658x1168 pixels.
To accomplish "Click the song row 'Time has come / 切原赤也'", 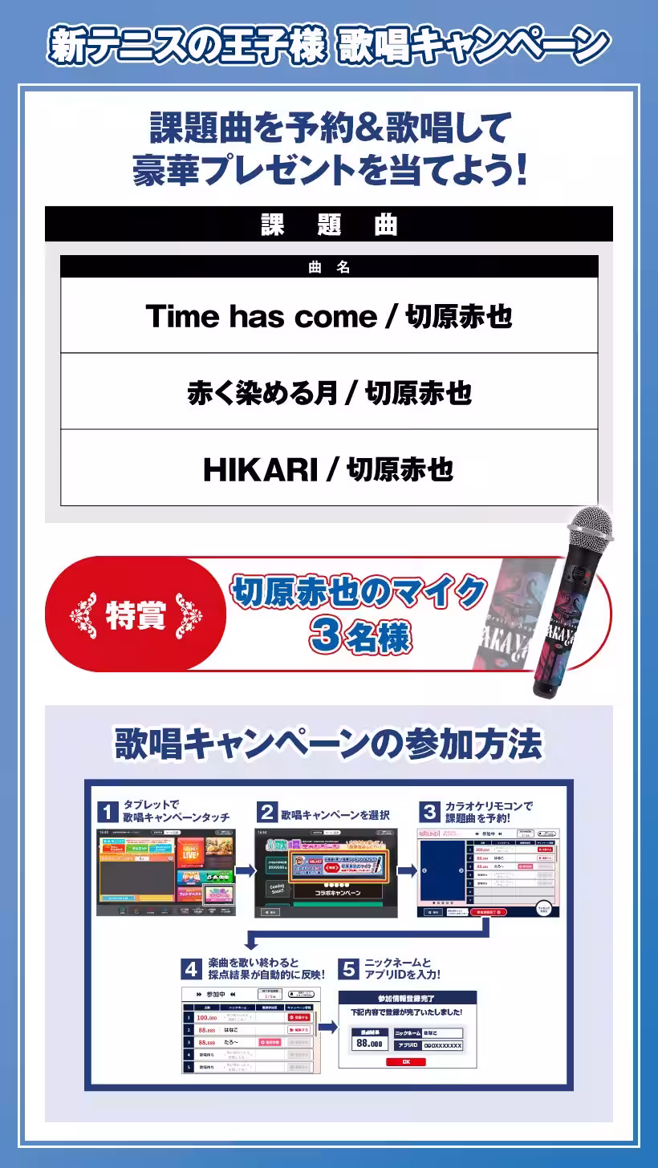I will click(x=329, y=316).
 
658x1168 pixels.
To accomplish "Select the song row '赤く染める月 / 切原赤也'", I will click(x=329, y=392).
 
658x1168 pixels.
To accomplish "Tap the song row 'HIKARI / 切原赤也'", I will click(x=329, y=468).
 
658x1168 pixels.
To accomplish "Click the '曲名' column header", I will click(x=329, y=267).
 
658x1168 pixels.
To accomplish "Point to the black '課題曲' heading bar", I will click(x=329, y=225).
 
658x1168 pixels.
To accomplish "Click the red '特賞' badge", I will click(x=135, y=614).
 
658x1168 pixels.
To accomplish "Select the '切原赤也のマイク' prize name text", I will click(x=359, y=593).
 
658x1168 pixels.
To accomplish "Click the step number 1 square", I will click(x=108, y=812).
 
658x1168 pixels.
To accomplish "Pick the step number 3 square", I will click(x=430, y=812).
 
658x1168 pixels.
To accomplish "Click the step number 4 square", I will click(x=191, y=969).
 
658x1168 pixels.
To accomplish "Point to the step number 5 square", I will click(x=348, y=969).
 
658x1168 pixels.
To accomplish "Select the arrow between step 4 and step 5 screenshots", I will click(x=327, y=1028).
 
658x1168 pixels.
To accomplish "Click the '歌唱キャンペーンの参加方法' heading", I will click(x=329, y=744).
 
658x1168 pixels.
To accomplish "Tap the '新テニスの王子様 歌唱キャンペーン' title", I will click(x=329, y=45).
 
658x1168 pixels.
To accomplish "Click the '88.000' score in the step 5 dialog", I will click(x=369, y=1044).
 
